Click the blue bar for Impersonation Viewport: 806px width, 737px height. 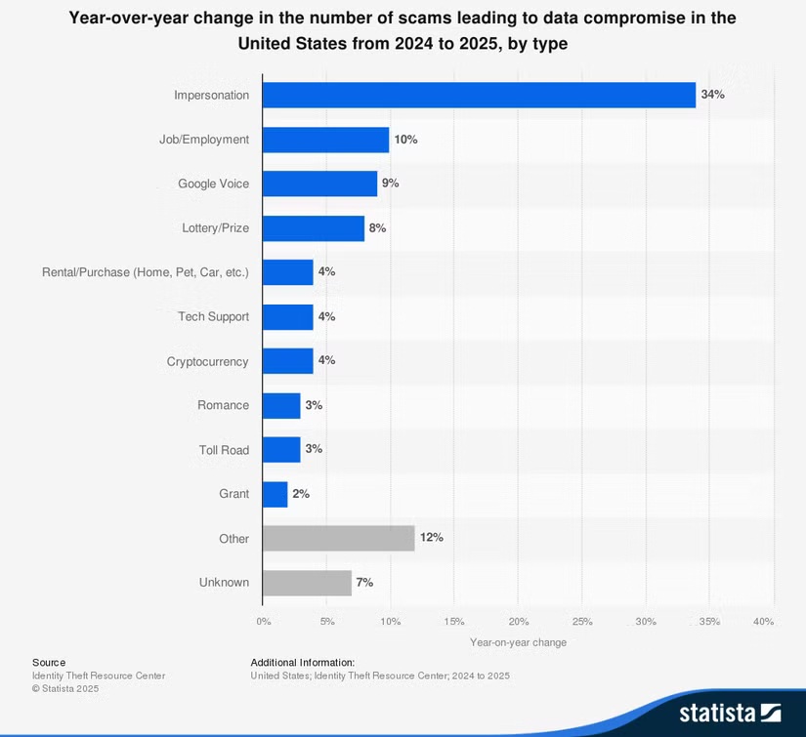click(479, 95)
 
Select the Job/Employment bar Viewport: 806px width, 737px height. click(325, 140)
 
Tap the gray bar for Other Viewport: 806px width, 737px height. click(338, 538)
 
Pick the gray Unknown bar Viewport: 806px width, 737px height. click(307, 583)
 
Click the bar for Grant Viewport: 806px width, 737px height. click(276, 494)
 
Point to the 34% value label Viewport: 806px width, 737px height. click(712, 95)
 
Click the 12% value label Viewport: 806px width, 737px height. click(431, 538)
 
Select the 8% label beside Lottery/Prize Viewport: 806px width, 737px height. click(377, 227)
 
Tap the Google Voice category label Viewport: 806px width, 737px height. click(213, 184)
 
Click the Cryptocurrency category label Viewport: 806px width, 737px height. click(207, 361)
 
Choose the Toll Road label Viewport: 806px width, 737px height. click(224, 450)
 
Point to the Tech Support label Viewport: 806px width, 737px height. click(213, 316)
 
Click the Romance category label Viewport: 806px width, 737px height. click(222, 405)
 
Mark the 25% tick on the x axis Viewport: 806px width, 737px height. click(582, 622)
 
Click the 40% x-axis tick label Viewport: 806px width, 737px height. click(764, 622)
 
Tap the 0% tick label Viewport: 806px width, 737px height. click(264, 622)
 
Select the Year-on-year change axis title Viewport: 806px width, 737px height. click(518, 642)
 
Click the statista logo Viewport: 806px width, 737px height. click(730, 712)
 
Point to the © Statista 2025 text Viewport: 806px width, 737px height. click(65, 689)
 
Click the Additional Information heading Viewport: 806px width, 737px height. click(302, 662)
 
